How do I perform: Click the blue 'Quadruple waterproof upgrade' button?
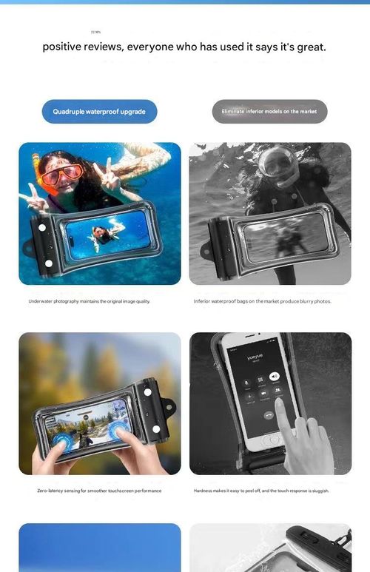click(99, 112)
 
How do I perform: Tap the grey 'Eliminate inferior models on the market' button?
click(269, 112)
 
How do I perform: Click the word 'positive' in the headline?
click(62, 47)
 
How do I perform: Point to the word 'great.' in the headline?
click(311, 47)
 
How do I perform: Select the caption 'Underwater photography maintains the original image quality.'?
click(89, 301)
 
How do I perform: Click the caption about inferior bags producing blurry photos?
click(262, 301)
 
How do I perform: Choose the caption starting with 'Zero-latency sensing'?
click(99, 491)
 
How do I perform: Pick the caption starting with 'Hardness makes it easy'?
click(261, 491)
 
